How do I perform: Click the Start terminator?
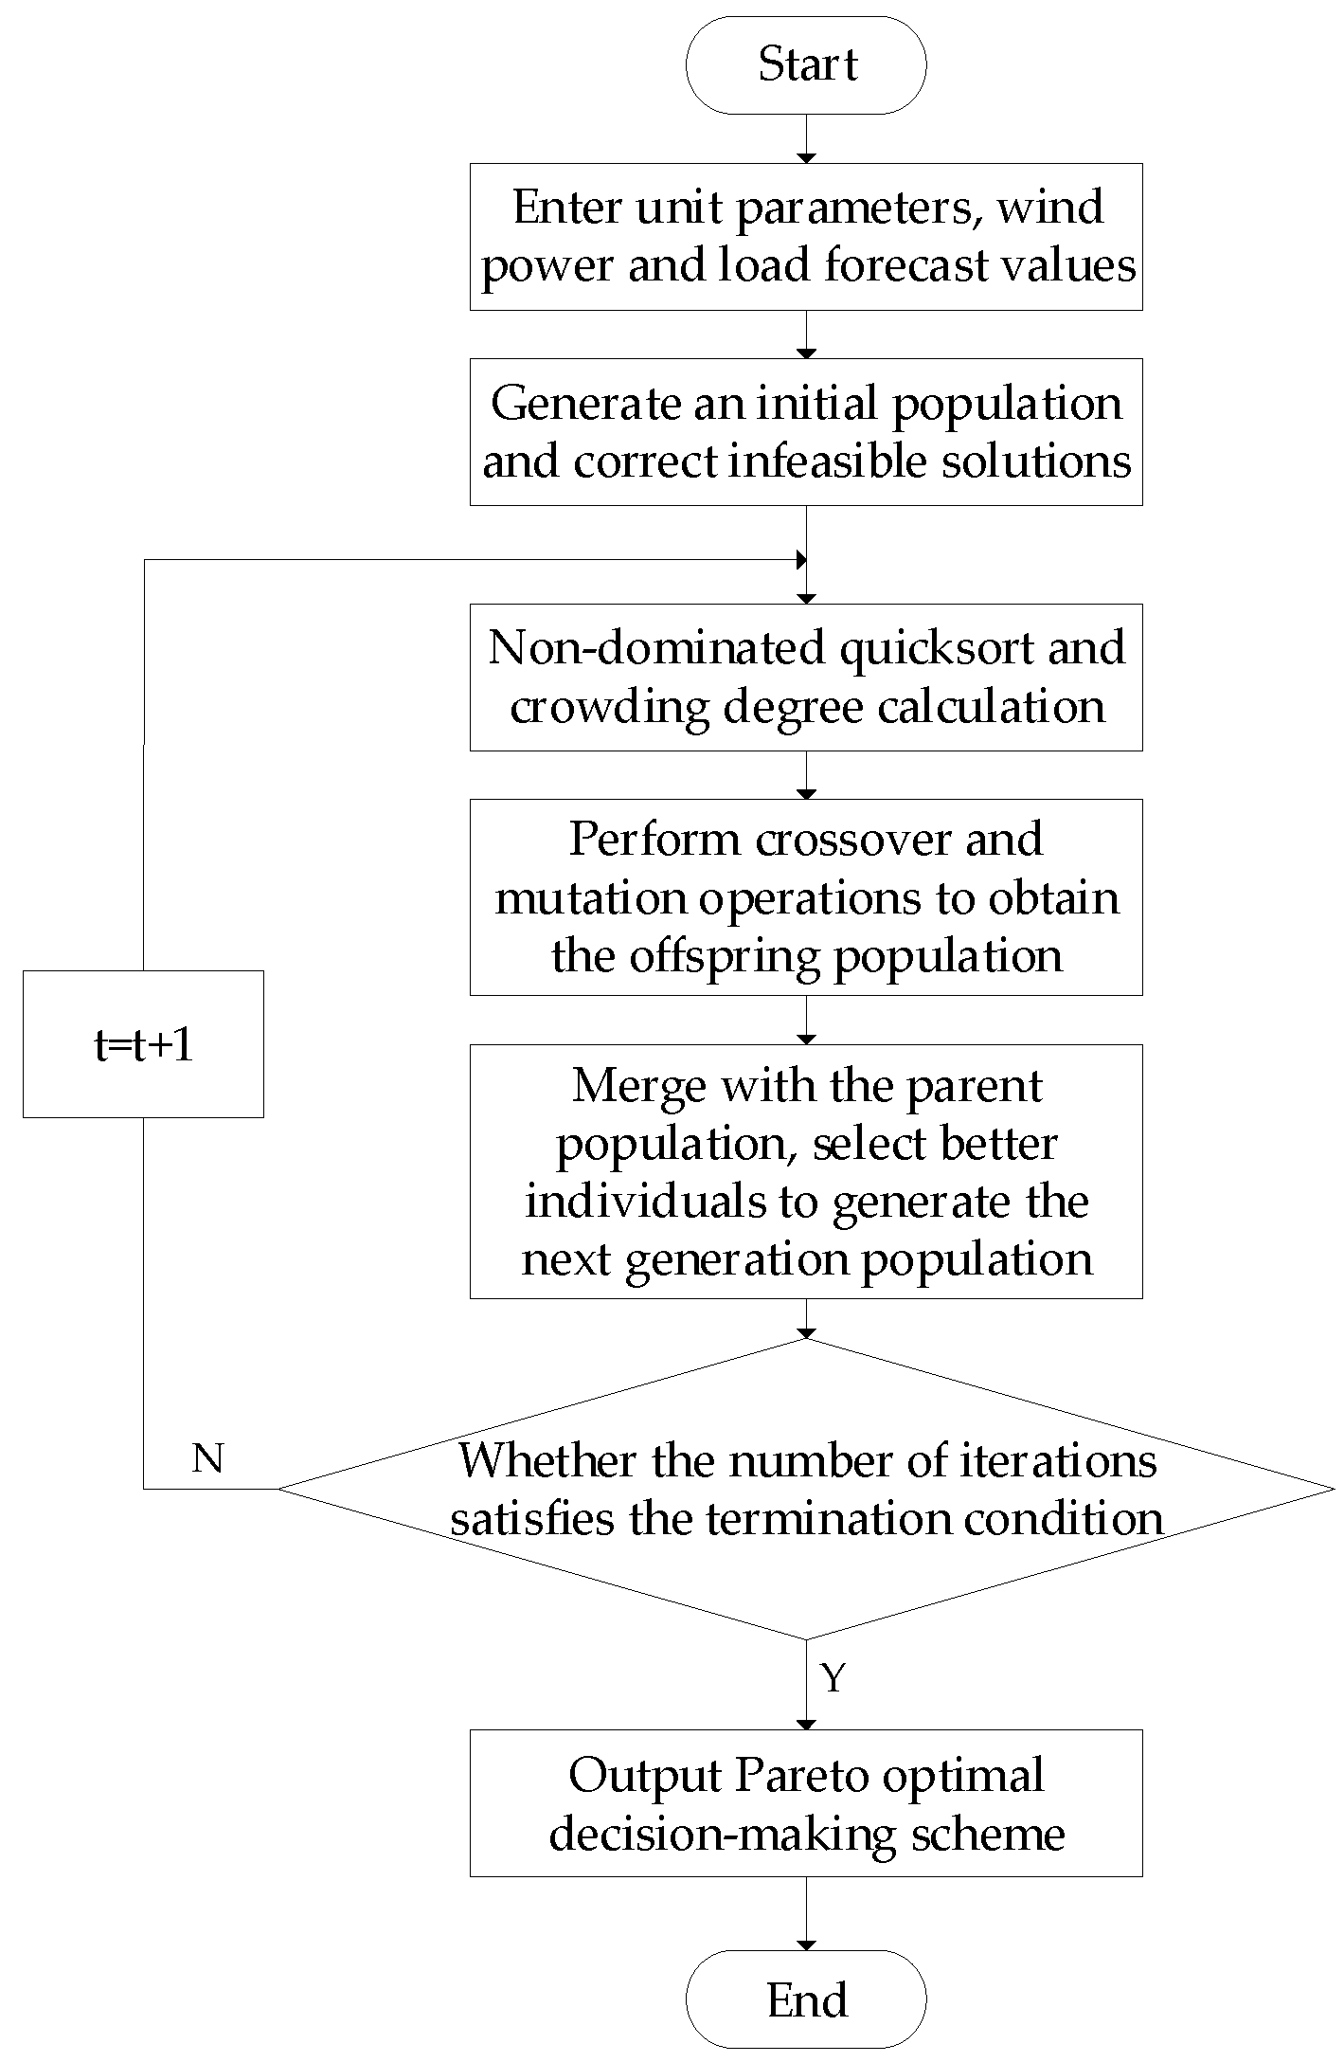pos(806,65)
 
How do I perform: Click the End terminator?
pos(806,2000)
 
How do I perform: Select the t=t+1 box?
pos(143,1044)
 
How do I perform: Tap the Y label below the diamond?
pos(833,1677)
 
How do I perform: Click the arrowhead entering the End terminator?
pos(806,1944)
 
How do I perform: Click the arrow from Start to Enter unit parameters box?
pos(806,139)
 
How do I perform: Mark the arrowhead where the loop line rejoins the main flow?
pos(801,559)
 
